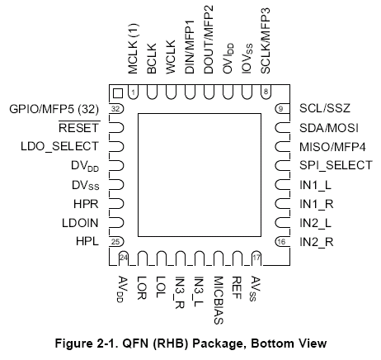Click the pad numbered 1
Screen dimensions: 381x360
tap(133, 92)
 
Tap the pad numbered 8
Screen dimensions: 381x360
tap(266, 92)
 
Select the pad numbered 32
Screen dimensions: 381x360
tap(116, 109)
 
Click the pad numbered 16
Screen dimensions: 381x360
tap(282, 242)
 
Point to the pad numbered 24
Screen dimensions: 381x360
tap(124, 258)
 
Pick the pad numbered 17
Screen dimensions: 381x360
tap(256, 258)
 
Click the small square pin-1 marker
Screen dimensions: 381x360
tap(118, 93)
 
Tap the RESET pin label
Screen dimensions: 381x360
tap(78, 128)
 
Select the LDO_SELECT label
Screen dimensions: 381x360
tap(59, 146)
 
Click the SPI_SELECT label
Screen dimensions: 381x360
tap(336, 165)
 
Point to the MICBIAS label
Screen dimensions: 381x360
tap(219, 301)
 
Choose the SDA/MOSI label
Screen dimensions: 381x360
tap(329, 128)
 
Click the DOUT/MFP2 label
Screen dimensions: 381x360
tap(209, 40)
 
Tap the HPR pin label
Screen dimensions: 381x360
tap(86, 204)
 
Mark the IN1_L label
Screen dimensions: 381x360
tap(315, 185)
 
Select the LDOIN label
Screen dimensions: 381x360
tap(80, 223)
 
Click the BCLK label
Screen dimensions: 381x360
tap(152, 59)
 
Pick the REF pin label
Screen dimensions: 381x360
tap(238, 287)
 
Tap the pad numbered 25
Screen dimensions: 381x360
tap(116, 242)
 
